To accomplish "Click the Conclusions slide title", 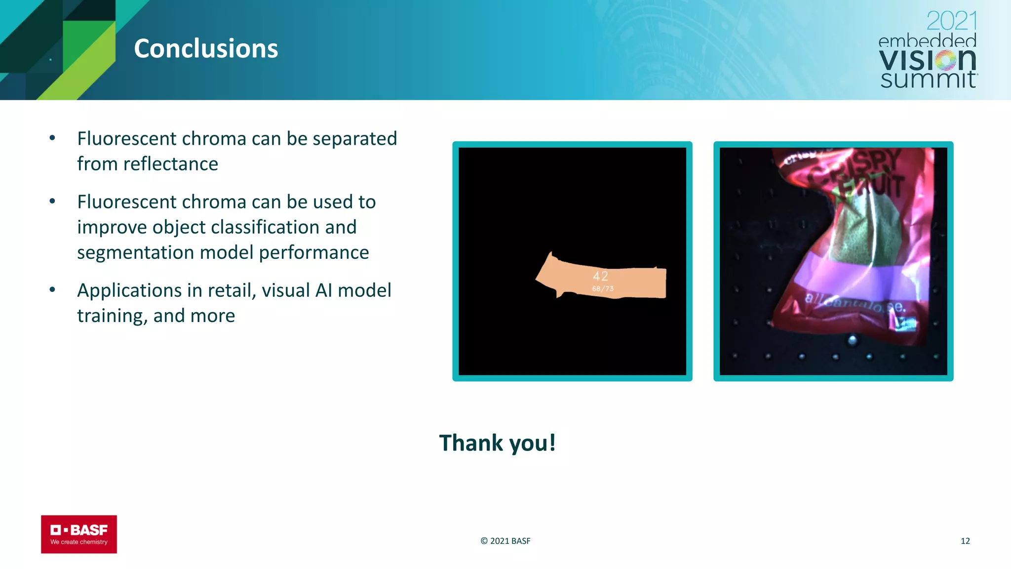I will click(206, 48).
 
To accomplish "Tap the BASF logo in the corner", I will click(79, 534).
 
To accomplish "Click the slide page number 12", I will click(965, 541).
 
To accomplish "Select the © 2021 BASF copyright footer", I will click(505, 541).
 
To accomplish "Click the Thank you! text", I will click(497, 443).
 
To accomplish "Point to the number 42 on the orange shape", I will click(600, 276).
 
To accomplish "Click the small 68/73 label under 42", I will click(603, 289).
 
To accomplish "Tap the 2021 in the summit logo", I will click(951, 21).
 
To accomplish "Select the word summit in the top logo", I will click(928, 79).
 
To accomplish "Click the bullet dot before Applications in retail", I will click(52, 289).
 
